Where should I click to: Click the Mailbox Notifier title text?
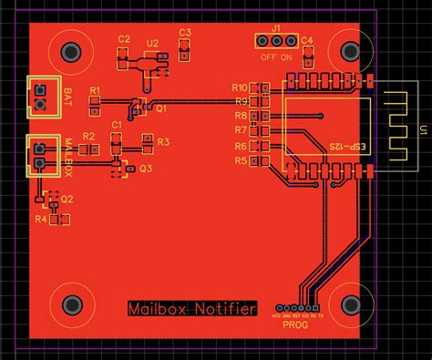pos(191,309)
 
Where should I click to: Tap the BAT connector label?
pos(68,95)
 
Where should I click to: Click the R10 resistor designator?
pos(241,87)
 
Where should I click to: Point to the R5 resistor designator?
pos(241,160)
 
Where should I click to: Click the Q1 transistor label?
pos(161,108)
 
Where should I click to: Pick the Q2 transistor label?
pos(67,199)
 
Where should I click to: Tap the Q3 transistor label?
pos(146,169)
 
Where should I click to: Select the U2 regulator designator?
pos(151,43)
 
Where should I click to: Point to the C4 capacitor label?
pos(307,40)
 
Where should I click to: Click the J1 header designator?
pos(276,29)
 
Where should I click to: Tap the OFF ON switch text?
pos(276,57)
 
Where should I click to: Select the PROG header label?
pos(295,325)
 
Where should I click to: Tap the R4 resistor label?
pos(40,220)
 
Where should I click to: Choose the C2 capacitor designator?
pos(124,39)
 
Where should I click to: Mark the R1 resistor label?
pos(95,89)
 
